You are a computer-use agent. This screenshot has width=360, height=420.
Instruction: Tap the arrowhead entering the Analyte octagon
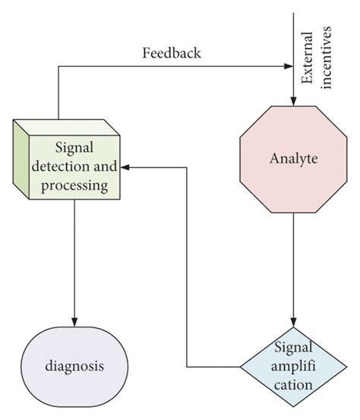tap(294, 100)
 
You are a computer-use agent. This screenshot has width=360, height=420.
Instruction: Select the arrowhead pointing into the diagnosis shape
tap(74, 321)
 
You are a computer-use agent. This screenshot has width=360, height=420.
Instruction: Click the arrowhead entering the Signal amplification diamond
tap(294, 320)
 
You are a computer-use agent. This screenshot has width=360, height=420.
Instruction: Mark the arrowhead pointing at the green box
tap(130, 167)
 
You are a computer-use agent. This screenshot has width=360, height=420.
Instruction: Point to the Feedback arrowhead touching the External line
tap(288, 66)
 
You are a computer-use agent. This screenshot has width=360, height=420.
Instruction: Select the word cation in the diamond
tap(294, 384)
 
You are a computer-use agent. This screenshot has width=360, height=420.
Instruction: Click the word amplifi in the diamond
tap(294, 368)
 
